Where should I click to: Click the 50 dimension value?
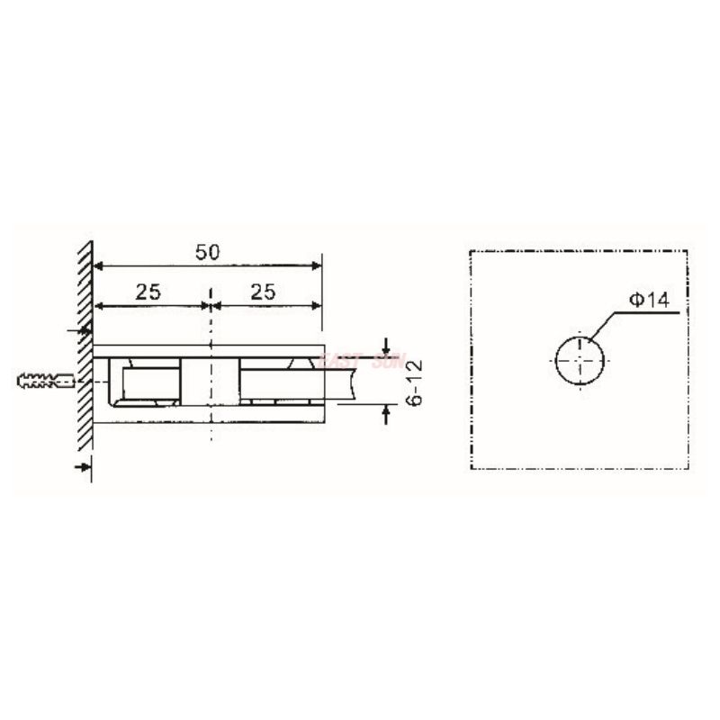tap(209, 252)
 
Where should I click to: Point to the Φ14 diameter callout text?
tap(648, 301)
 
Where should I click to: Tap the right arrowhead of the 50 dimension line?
tap(316, 266)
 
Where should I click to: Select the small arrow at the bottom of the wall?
tap(84, 464)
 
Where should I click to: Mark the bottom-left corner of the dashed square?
tap(472, 469)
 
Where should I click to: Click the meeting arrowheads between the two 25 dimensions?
tap(210, 305)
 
